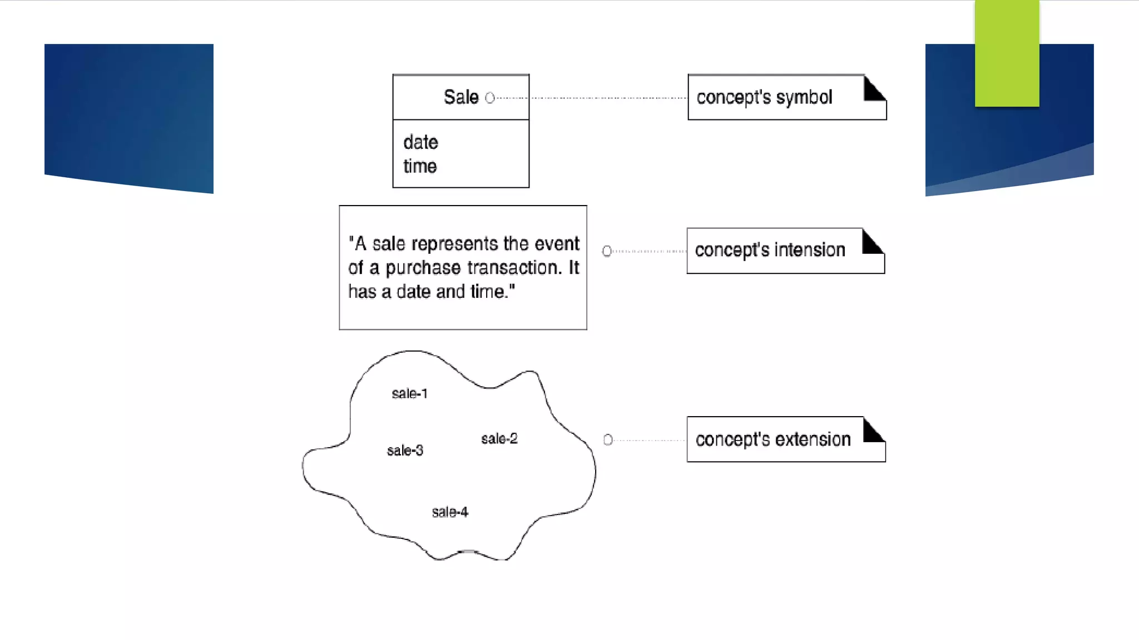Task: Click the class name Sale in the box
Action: [460, 97]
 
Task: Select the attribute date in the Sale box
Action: [420, 142]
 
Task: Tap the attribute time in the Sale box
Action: [420, 166]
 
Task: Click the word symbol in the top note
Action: [804, 97]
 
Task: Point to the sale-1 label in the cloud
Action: [409, 394]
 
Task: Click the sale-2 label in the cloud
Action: [499, 439]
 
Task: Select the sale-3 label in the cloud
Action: [405, 451]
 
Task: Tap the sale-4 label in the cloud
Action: [450, 512]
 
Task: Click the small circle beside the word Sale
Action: [489, 98]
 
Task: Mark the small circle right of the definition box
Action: [607, 251]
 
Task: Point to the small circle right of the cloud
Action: [608, 440]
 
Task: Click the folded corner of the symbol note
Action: [873, 89]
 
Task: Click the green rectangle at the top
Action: [1007, 53]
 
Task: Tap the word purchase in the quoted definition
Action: [423, 268]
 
